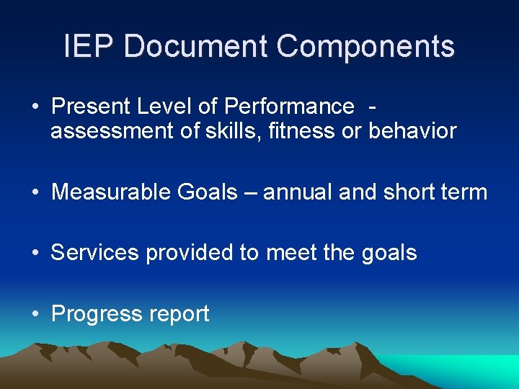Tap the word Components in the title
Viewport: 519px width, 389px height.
click(365, 47)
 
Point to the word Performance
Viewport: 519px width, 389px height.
click(289, 107)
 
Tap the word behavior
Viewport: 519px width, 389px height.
click(413, 130)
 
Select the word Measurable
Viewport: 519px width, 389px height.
click(107, 192)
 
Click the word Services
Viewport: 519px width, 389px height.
click(95, 253)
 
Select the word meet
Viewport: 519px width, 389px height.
click(286, 253)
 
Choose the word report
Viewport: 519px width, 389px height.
click(179, 314)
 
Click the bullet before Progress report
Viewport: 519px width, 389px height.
click(35, 314)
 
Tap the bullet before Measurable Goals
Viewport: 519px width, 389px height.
click(35, 192)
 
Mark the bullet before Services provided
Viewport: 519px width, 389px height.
click(35, 253)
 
